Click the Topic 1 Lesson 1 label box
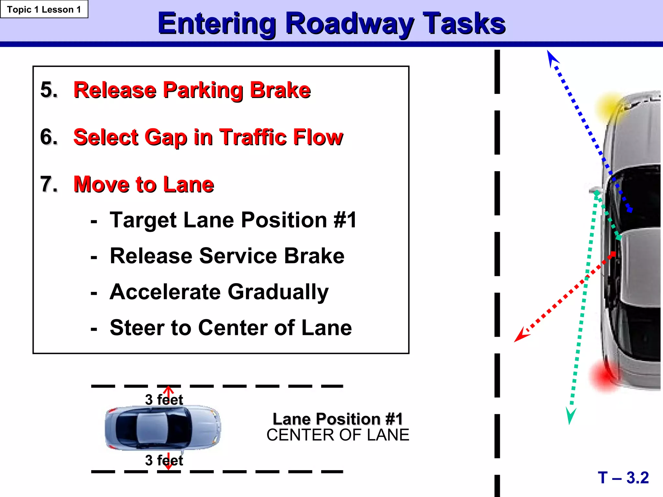pyautogui.click(x=44, y=9)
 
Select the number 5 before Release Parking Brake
pyautogui.click(x=49, y=90)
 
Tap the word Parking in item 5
pyautogui.click(x=203, y=90)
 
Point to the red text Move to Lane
pyautogui.click(x=144, y=184)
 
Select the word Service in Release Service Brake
pyautogui.click(x=238, y=256)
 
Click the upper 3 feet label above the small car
pyautogui.click(x=164, y=400)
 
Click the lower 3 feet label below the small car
pyautogui.click(x=164, y=460)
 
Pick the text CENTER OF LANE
pyautogui.click(x=338, y=435)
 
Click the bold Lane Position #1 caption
pyautogui.click(x=338, y=419)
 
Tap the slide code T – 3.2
pyautogui.click(x=623, y=478)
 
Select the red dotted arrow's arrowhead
pyautogui.click(x=520, y=336)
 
